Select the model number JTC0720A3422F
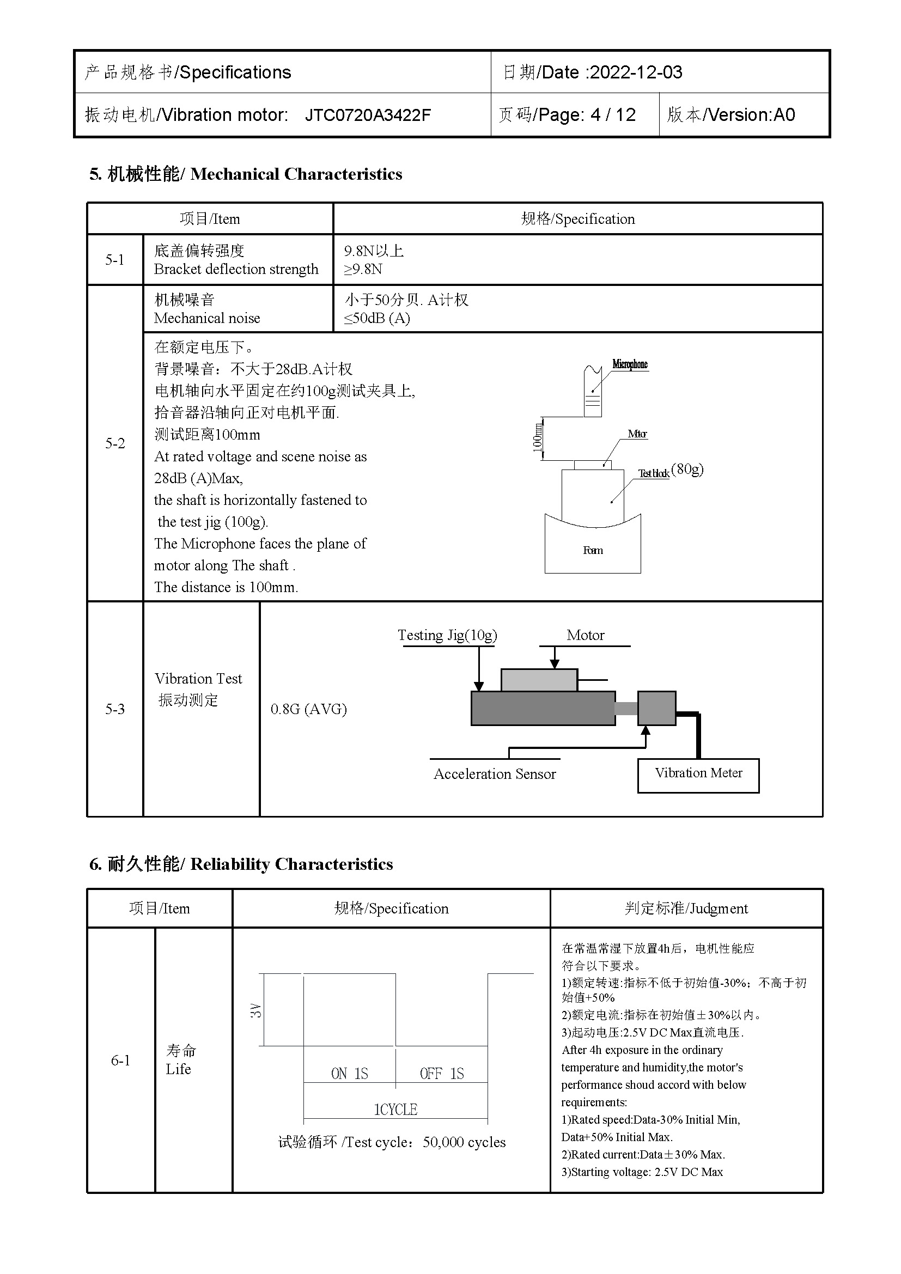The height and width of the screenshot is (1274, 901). pos(367,115)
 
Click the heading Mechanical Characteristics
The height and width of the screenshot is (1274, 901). pos(296,174)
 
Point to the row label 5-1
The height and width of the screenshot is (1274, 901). pos(115,260)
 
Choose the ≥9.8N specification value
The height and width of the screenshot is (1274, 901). pos(363,270)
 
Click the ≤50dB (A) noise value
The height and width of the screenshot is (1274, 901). pos(377,319)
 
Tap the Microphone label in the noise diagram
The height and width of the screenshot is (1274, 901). pos(630,364)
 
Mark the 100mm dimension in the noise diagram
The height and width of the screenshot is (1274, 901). pos(537,438)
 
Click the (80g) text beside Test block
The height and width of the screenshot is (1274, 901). pos(687,470)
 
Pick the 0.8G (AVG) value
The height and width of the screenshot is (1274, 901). pos(308,709)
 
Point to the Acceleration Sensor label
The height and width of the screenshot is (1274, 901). pos(494,774)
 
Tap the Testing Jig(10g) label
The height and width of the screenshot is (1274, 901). pos(447,635)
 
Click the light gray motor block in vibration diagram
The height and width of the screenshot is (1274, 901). pos(539,680)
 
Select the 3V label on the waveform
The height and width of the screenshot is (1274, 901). pos(255,1010)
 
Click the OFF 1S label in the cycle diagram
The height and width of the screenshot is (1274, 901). pos(442,1074)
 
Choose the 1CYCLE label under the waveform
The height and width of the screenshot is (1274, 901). pos(395,1109)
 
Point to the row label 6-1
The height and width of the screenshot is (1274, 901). pos(120,1060)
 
